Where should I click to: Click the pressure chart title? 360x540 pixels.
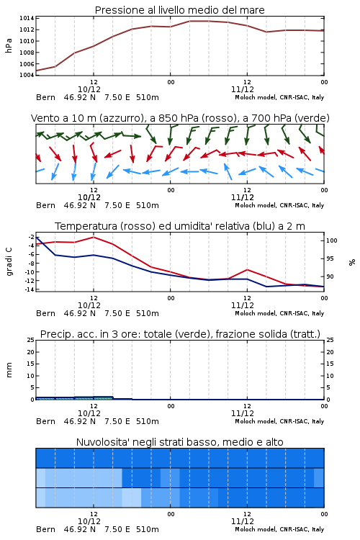click(x=179, y=10)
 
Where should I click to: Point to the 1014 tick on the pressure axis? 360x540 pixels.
click(x=27, y=18)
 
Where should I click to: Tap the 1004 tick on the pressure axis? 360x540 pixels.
click(x=27, y=75)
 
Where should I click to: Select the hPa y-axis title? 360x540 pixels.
click(x=9, y=45)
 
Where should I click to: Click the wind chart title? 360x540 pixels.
click(x=180, y=118)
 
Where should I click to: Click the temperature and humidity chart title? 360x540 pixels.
click(x=180, y=226)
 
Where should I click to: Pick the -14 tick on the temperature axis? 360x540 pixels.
click(x=29, y=289)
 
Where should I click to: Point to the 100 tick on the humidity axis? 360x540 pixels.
click(x=331, y=240)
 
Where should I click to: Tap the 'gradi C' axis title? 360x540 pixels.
click(x=9, y=261)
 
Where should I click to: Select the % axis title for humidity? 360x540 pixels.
click(x=352, y=262)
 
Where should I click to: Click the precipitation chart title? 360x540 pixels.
click(x=180, y=334)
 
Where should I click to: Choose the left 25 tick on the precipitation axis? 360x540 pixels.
click(x=31, y=340)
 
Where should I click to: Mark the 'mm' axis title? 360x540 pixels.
click(x=9, y=370)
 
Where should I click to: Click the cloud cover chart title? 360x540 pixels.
click(x=179, y=442)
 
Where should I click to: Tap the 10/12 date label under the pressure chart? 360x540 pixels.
click(x=89, y=89)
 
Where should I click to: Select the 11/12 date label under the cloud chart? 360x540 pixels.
click(x=243, y=521)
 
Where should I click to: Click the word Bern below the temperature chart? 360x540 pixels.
click(x=45, y=313)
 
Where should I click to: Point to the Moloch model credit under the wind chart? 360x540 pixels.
click(x=279, y=205)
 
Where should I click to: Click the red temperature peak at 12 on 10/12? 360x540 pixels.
click(x=94, y=238)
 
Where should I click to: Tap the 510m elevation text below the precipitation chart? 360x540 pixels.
click(x=148, y=421)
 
